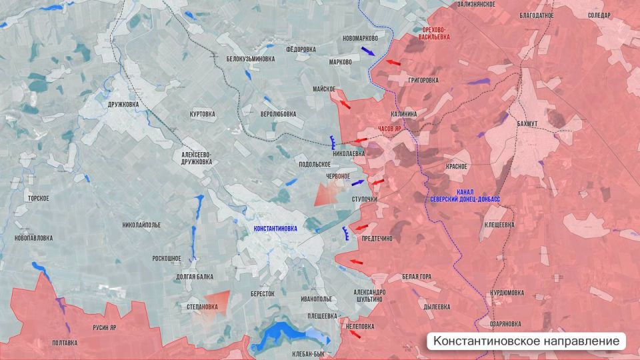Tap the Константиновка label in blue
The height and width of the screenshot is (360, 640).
point(275,228)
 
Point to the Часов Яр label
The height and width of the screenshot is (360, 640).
point(390,128)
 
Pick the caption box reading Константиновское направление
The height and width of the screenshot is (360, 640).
point(527,341)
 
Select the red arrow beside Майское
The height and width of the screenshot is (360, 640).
point(345,104)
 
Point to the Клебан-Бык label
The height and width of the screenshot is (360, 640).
point(308,355)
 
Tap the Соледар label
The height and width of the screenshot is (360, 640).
point(600,15)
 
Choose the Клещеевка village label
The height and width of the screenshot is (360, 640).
point(499,225)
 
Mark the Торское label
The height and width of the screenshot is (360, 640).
point(38,199)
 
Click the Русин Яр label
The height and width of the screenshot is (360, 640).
point(104,327)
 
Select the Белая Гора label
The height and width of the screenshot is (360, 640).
point(417,277)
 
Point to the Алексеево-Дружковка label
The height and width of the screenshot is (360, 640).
point(197,157)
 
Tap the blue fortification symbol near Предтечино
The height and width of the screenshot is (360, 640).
point(345,233)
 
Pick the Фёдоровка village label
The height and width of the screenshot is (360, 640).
point(301,49)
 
